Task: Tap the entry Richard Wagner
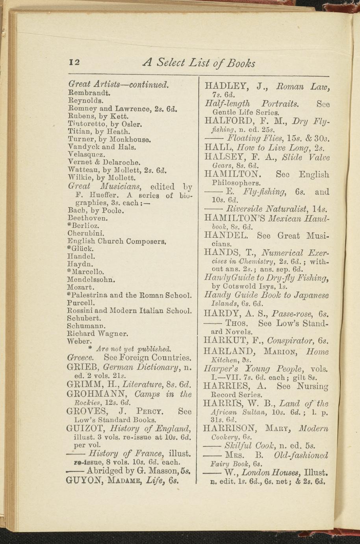(97, 333)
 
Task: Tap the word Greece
(80, 358)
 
